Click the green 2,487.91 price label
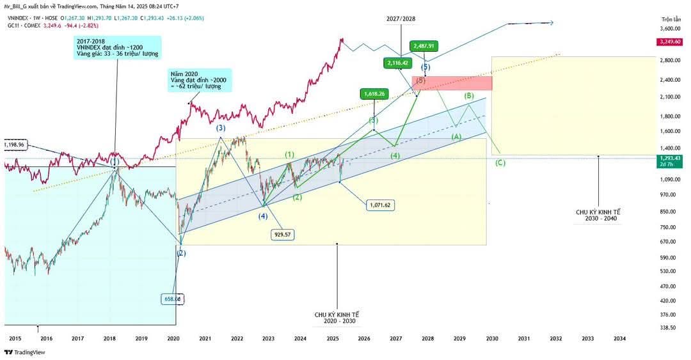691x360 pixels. coord(424,46)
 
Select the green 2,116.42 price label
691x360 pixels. coord(397,63)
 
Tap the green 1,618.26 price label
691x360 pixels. coord(374,93)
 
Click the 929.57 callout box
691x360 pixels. coord(282,235)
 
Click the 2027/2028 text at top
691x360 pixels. coord(401,19)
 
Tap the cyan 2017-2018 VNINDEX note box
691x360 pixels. coord(116,47)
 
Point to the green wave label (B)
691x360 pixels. coord(469,96)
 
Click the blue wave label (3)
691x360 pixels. coord(220,128)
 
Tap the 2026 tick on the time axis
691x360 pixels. coord(363,338)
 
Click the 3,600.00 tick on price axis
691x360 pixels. coord(670,29)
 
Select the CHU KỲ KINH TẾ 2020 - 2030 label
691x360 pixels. coord(337,318)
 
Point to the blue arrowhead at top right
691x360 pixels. coord(552,23)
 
